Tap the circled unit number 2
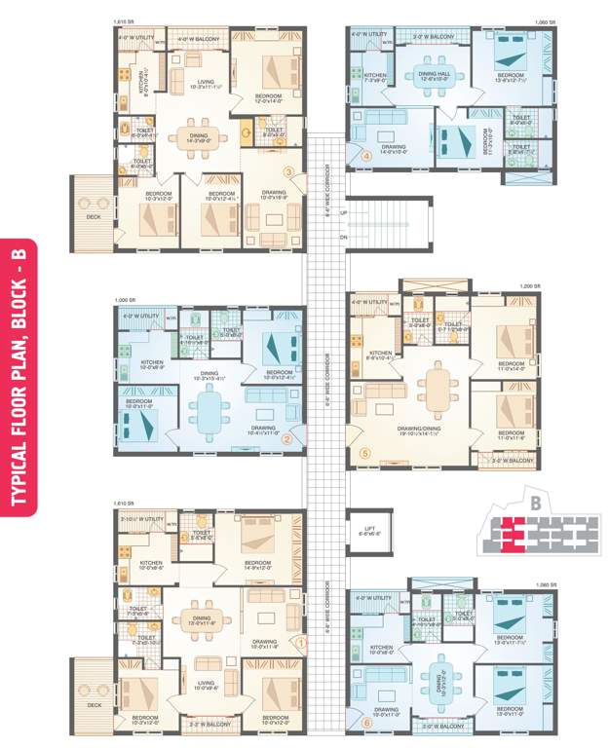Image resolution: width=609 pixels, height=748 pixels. pos(286,439)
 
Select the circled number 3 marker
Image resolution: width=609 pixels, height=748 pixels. pos(288,172)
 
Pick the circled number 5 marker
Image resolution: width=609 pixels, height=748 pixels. pos(365,453)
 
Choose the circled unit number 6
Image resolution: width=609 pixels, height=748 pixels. pos(366,723)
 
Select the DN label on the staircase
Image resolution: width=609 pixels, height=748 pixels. pos(343,237)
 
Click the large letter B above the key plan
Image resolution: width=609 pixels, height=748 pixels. pos(535,503)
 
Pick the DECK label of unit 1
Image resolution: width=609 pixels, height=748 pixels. pos(94,704)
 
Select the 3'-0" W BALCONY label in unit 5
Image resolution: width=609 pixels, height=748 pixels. pos(510,461)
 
